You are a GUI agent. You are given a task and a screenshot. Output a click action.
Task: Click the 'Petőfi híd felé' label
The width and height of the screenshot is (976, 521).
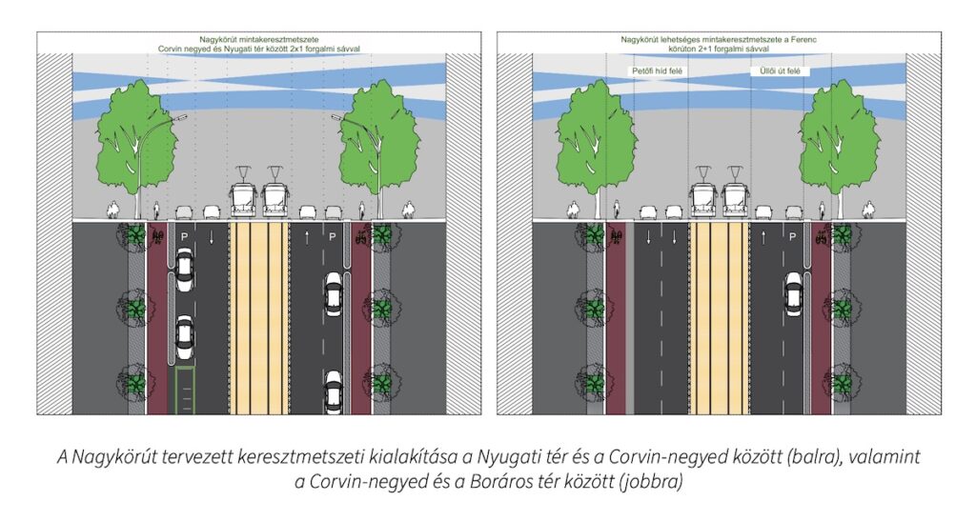658,70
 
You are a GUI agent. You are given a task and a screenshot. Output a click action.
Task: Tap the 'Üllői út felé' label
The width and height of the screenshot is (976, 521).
780,70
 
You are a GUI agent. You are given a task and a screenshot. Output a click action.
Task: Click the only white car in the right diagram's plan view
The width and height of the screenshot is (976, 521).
793,294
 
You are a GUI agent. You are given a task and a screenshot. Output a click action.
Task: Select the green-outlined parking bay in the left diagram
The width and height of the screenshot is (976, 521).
185,391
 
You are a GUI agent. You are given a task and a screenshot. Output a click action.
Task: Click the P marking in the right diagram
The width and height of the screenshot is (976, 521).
792,237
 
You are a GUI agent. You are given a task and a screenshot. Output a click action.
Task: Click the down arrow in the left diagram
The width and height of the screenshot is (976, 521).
212,237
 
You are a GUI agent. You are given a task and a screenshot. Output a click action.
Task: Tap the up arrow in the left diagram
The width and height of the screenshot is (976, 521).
307,237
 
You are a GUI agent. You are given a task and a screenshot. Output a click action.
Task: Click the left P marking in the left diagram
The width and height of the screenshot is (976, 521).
184,237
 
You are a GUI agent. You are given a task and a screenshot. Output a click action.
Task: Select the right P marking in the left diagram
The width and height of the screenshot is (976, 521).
333,237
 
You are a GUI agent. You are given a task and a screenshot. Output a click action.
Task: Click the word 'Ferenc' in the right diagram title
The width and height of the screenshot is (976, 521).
803,39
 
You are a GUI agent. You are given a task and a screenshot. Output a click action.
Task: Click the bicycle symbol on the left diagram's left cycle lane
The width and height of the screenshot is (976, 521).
157,236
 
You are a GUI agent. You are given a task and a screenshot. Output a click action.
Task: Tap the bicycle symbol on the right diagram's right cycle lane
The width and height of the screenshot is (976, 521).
821,236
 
